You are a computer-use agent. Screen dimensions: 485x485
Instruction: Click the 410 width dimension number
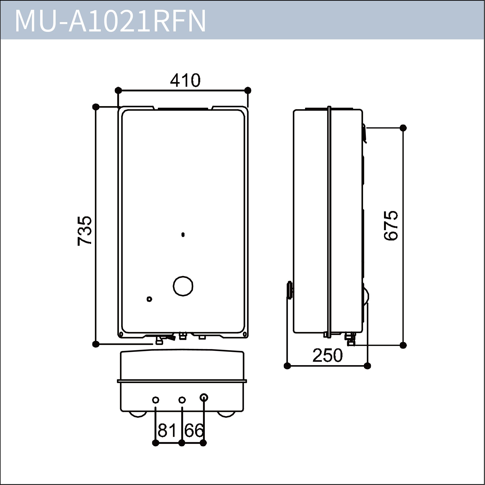pos(185,80)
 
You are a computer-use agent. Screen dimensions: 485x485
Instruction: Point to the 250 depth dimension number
pos(328,355)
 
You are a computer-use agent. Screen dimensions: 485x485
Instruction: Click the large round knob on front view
pos(183,286)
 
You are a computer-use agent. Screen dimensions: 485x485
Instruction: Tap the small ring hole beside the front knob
pos(149,299)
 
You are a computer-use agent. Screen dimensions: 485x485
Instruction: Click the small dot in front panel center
pos(183,235)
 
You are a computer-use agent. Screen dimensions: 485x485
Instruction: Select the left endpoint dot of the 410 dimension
pos(118,90)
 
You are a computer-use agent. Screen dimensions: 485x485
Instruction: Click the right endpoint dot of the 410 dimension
pos(248,90)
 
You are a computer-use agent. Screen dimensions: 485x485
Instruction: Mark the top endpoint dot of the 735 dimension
pos(96,107)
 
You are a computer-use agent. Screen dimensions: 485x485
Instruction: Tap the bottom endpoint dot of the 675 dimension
pos(403,345)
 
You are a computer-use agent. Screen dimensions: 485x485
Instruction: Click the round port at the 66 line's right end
pos(204,397)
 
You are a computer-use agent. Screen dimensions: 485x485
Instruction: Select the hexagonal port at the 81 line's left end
pos(156,400)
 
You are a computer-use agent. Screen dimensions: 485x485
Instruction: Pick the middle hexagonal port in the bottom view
pos(182,400)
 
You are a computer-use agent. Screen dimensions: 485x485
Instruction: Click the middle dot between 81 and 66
pos(182,443)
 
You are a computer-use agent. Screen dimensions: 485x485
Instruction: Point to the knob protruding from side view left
pos(290,290)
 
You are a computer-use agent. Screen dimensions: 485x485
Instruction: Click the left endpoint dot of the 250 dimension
pos(287,366)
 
